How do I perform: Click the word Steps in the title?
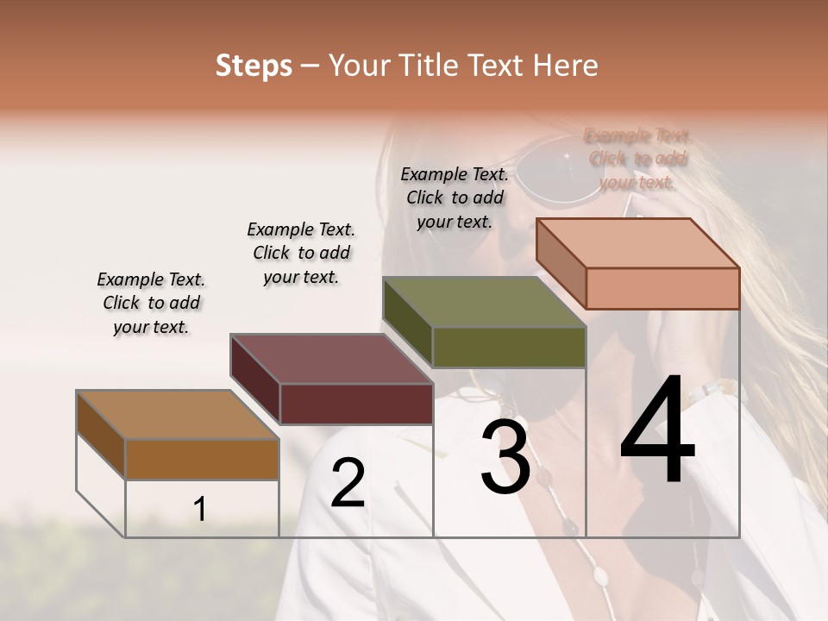(254, 66)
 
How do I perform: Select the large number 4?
(657, 430)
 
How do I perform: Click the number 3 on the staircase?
(505, 457)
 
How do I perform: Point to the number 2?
(348, 483)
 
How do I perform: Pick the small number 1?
(200, 510)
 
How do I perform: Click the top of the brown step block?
(178, 415)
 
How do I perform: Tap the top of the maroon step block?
(331, 359)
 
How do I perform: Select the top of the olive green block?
(485, 302)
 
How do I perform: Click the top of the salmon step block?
(638, 243)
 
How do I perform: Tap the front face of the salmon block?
(662, 288)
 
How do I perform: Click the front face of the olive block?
(509, 347)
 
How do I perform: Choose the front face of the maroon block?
(356, 404)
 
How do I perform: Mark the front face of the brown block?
(202, 459)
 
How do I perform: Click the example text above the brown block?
(151, 303)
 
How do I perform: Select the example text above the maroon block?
(301, 253)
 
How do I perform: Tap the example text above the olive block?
(455, 198)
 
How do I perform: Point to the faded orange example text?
(637, 159)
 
